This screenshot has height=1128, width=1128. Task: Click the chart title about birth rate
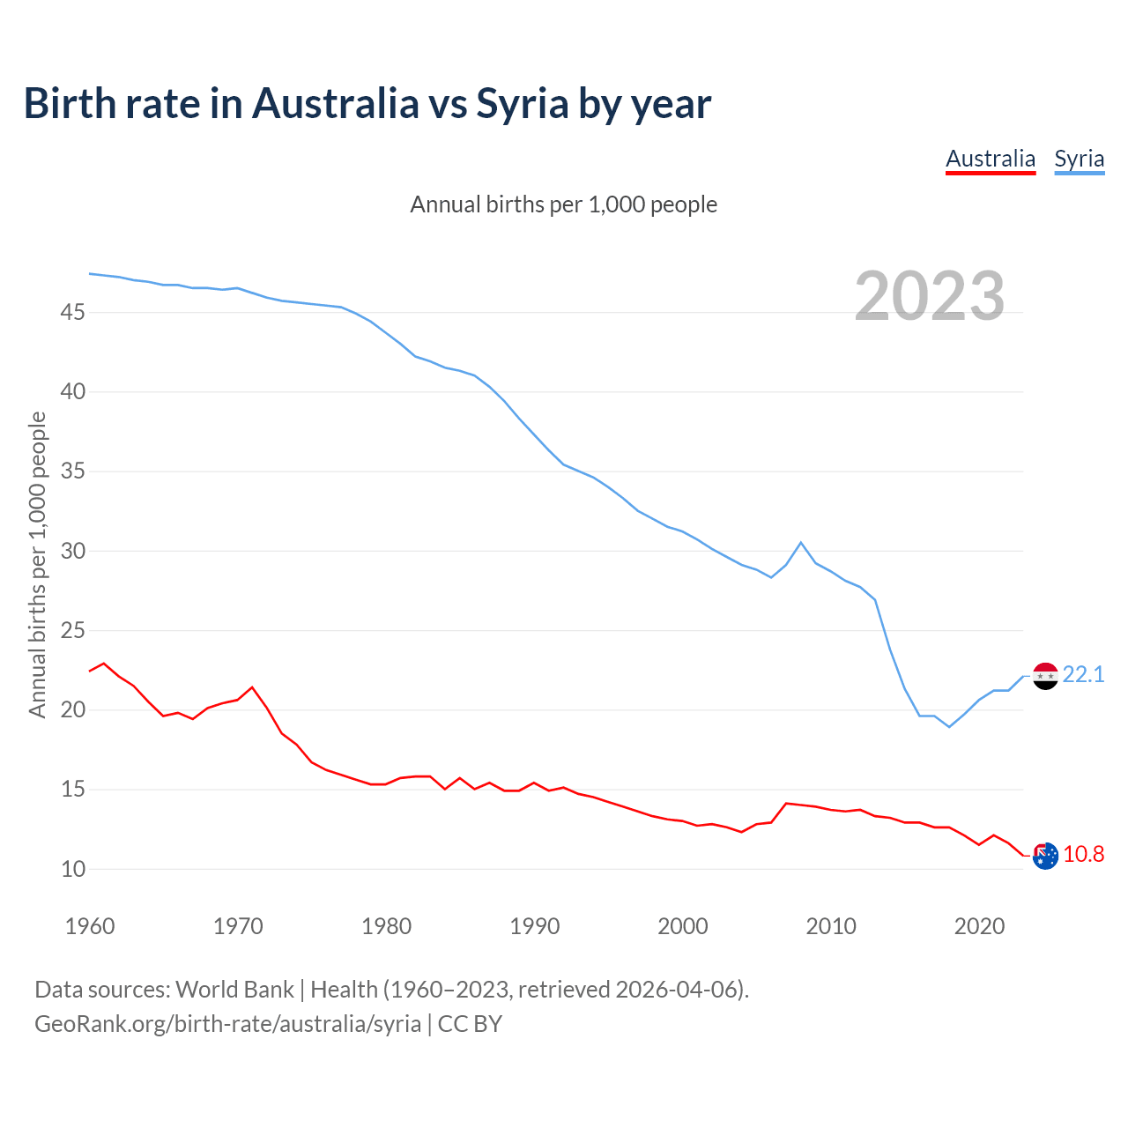367,104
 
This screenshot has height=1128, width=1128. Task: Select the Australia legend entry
990,160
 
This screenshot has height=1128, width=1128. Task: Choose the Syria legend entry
1079,160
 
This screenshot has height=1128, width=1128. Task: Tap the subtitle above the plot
563,204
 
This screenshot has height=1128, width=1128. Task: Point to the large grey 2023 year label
930,296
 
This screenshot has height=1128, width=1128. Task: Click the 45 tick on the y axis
73,312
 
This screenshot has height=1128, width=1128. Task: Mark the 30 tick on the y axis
73,551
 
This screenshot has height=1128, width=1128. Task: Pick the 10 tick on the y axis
73,869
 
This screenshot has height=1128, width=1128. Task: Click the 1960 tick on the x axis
90,926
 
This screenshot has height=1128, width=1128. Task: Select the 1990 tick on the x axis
535,926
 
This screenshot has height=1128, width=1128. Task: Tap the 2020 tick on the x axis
979,926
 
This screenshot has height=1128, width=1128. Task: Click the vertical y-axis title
37,564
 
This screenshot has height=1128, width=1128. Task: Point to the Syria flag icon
1044,676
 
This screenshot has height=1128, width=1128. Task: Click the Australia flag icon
1044,856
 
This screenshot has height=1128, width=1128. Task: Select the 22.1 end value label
1083,675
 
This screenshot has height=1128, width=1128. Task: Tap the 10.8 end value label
1083,855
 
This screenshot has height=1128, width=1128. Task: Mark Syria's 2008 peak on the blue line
800,543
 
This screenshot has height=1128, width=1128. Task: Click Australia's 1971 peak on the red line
252,687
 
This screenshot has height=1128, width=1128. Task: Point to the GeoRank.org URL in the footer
227,1024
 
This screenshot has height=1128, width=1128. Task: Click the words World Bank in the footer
234,990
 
